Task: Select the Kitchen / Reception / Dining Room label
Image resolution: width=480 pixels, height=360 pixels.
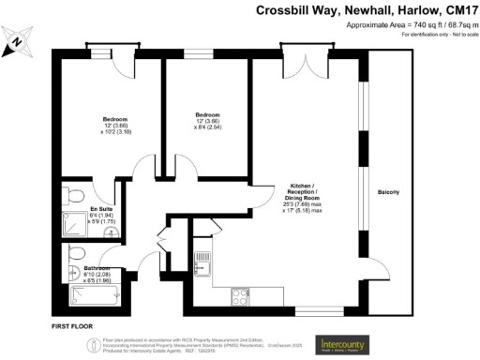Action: pos(302,200)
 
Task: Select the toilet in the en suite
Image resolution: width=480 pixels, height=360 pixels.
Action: pos(76,195)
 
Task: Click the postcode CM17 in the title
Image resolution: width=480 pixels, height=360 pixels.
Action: pos(458,10)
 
